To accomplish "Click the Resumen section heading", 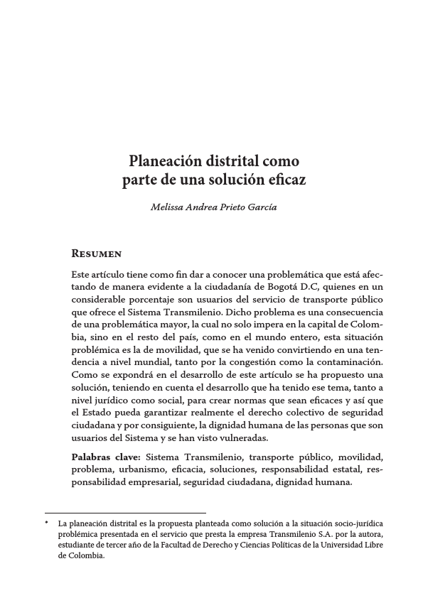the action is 97,254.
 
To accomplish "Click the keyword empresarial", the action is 153,483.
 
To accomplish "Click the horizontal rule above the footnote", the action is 125,513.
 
